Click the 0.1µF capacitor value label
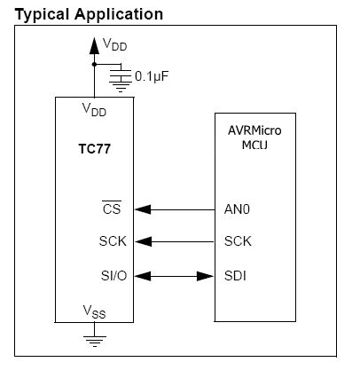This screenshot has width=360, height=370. (152, 75)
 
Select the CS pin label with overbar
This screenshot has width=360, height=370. (111, 209)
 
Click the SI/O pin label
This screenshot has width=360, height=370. (113, 276)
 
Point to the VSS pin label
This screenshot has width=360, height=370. (93, 312)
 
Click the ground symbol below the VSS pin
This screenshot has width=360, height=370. (93, 338)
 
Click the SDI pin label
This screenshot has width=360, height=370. (237, 276)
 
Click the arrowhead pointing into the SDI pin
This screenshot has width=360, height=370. (200, 276)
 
